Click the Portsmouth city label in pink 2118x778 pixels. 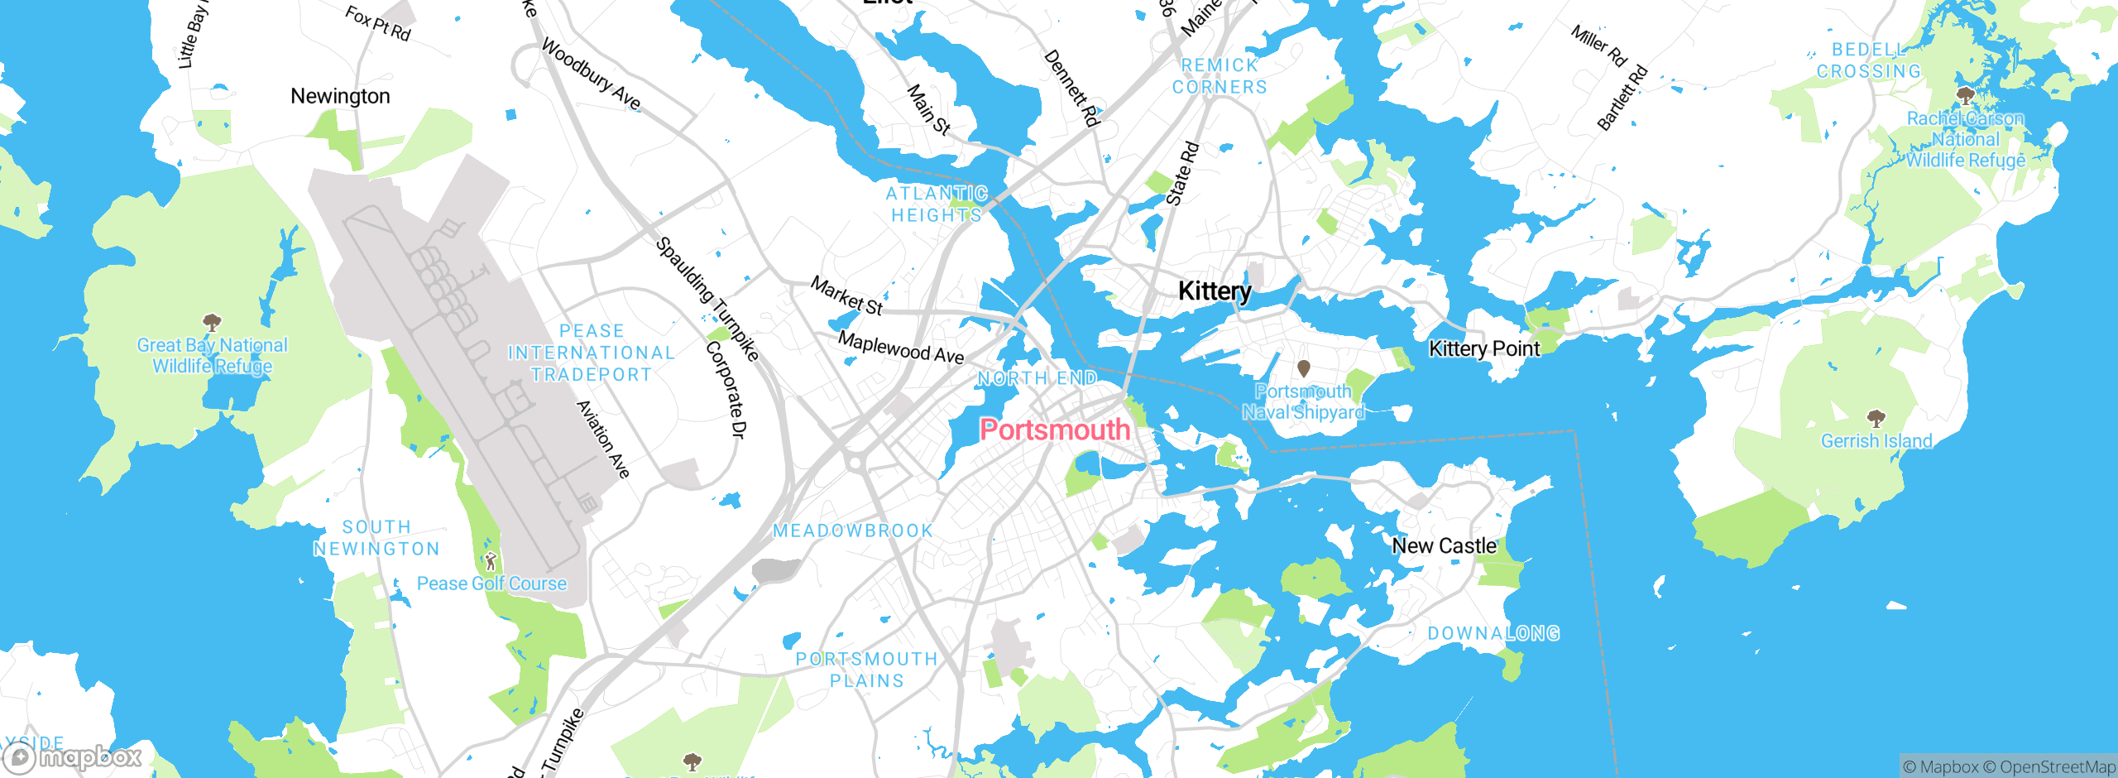1055,430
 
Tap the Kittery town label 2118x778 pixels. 1215,291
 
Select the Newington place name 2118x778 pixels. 340,96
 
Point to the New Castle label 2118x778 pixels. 1444,546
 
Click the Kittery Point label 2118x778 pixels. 1484,348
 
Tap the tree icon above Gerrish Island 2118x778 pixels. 1876,417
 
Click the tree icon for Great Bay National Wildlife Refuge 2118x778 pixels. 212,321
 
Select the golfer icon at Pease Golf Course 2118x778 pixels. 491,562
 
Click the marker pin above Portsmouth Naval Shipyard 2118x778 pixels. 1304,367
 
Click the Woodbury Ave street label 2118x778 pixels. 591,74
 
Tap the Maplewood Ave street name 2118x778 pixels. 901,348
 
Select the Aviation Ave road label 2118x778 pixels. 603,439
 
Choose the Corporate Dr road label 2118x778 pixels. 726,389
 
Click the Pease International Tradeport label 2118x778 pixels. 592,353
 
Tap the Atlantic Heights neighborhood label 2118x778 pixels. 937,204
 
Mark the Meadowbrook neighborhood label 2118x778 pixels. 853,531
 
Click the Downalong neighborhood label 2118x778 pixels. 1493,633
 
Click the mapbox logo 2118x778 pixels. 73,757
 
